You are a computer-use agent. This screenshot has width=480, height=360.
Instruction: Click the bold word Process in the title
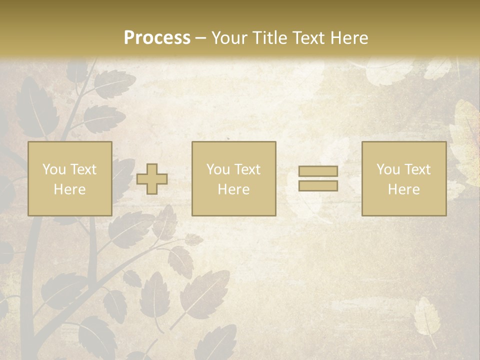coord(157,37)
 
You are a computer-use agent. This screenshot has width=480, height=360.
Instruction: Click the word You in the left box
coord(54,169)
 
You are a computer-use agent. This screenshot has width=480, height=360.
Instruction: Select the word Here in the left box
coord(69,189)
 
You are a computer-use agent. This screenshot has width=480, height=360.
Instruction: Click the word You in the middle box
coord(218,169)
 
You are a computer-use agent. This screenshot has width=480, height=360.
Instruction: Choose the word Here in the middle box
coord(233,189)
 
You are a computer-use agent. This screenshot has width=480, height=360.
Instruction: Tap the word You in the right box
coord(388,169)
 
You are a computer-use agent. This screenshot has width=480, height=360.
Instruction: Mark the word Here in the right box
coord(403,189)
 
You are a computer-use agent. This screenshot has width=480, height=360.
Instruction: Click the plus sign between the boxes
coord(152,179)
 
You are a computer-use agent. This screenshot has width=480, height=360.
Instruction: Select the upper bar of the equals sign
coord(318,171)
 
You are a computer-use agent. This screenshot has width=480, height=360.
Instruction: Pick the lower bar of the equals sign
coord(318,185)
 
